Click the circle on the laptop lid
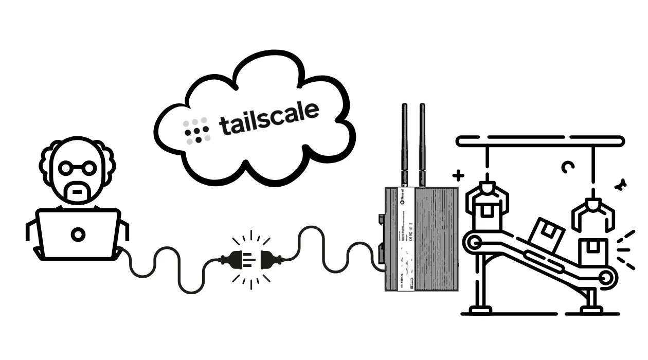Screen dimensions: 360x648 (x=78, y=235)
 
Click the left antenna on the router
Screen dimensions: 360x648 (x=405, y=144)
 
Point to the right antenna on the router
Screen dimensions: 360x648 (x=422, y=144)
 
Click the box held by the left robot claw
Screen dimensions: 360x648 (x=486, y=217)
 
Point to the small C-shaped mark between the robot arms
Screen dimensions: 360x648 (x=567, y=167)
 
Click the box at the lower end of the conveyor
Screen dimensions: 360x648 (x=593, y=252)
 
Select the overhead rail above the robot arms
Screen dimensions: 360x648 (x=540, y=140)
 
